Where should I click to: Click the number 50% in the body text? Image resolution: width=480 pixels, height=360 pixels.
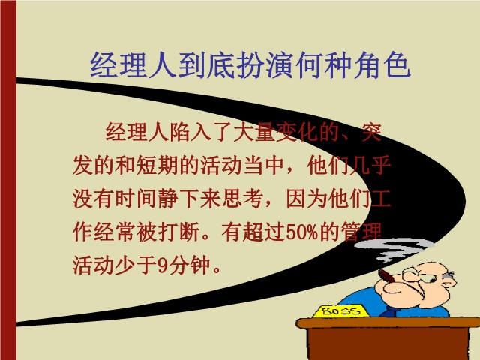click(301, 232)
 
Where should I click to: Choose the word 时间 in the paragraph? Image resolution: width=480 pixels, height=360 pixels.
click(136, 199)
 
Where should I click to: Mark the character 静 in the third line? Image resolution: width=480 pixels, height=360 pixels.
click(168, 199)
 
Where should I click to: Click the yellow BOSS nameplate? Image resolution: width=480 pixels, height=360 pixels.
click(341, 311)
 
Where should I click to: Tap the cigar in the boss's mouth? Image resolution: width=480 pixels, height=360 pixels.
click(388, 277)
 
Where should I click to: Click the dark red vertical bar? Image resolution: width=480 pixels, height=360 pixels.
click(8, 180)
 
